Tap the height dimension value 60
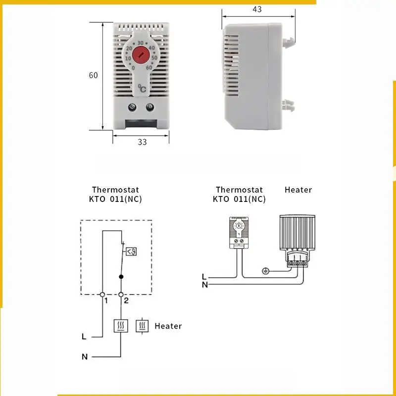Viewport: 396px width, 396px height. tap(94, 75)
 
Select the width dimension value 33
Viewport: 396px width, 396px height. tap(142, 142)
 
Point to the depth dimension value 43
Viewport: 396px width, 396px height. tap(257, 9)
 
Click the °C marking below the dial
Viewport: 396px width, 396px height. tap(142, 89)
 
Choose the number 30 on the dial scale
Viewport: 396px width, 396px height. tap(141, 43)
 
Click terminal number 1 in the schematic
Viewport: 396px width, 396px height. tap(105, 300)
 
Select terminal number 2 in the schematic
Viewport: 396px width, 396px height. tap(126, 300)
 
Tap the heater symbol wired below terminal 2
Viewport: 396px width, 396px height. tap(121, 326)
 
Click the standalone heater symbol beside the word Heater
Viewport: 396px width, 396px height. tap(143, 326)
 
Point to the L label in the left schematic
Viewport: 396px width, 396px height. tap(84, 337)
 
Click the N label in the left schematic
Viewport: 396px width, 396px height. tap(84, 356)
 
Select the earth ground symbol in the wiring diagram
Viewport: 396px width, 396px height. tap(265, 271)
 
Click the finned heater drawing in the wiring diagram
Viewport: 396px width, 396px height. tap(297, 235)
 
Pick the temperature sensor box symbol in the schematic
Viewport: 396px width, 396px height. tap(131, 251)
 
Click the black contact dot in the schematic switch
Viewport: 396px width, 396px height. tap(121, 277)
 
